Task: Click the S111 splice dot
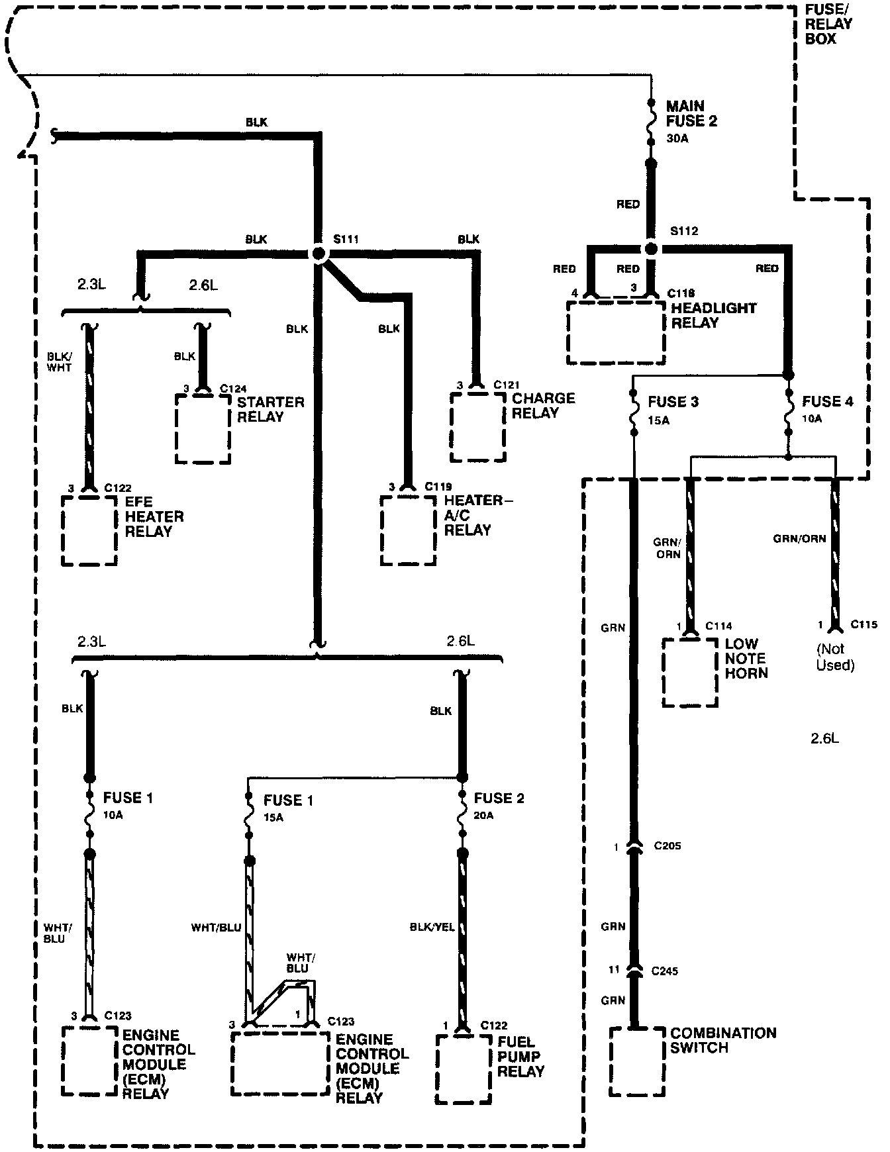pyautogui.click(x=319, y=254)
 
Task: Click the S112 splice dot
pyautogui.click(x=651, y=249)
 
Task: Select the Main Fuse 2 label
pyautogui.click(x=691, y=114)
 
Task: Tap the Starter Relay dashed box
pyautogui.click(x=203, y=429)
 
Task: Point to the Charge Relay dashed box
pyautogui.click(x=477, y=427)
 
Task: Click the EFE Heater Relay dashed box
pyautogui.click(x=89, y=530)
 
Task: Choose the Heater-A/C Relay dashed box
pyautogui.click(x=408, y=530)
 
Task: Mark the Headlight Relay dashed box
pyautogui.click(x=616, y=332)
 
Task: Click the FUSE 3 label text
pyautogui.click(x=673, y=402)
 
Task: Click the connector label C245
pyautogui.click(x=665, y=971)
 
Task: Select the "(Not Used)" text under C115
pyautogui.click(x=836, y=657)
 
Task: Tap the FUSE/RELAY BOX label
pyautogui.click(x=828, y=24)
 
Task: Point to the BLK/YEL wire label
pyautogui.click(x=432, y=928)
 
